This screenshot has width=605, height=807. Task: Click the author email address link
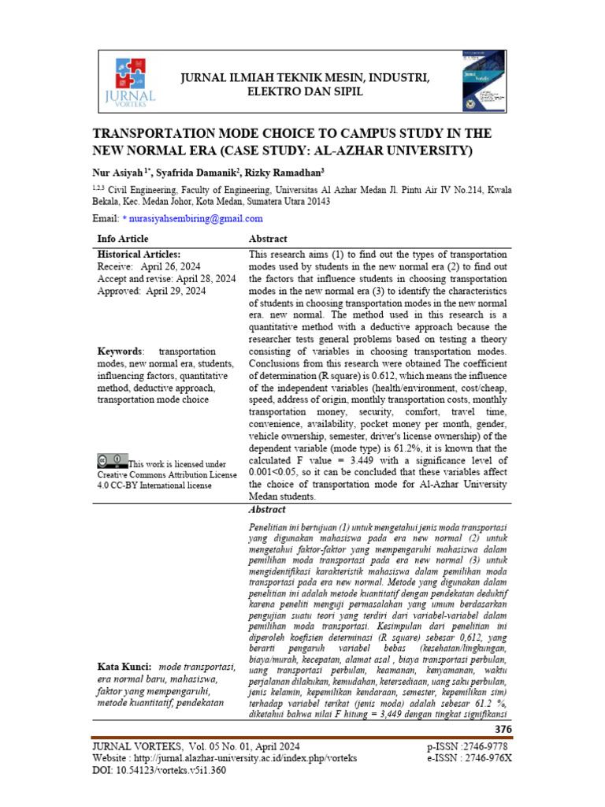197,218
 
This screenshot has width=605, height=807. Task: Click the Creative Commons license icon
112,459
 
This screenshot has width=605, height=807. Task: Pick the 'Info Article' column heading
123,239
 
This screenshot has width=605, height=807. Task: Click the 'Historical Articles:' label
139,255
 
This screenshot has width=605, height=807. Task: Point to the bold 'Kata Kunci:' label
124,667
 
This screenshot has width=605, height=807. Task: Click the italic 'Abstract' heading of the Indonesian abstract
267,510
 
